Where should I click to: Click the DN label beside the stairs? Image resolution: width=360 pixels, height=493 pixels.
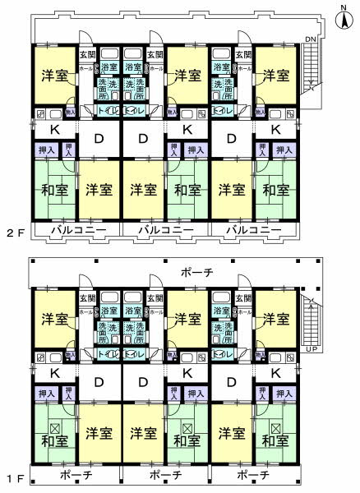pos(310,39)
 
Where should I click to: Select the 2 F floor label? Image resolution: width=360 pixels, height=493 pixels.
pos(12,231)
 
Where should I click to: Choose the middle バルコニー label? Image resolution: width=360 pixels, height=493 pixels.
pos(164,230)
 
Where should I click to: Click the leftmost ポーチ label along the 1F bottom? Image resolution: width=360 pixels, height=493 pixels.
pos(76,475)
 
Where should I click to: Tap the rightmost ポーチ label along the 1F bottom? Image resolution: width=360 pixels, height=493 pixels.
pos(253,475)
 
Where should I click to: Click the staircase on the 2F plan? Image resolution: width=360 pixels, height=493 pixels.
pos(311,70)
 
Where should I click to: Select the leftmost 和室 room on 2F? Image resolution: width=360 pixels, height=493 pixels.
pos(53,190)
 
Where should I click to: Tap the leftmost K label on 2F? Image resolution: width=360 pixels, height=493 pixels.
pos(53,129)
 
